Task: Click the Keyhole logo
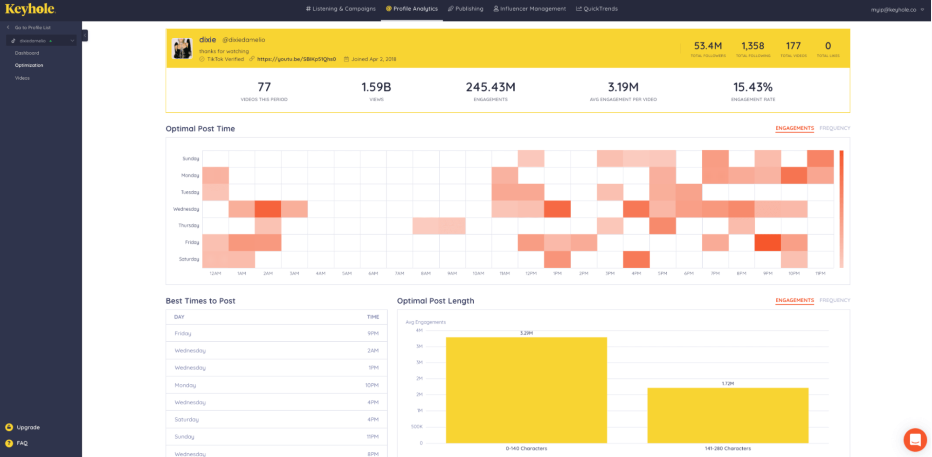coord(30,9)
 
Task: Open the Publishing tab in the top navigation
coord(466,9)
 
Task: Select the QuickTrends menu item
coord(597,9)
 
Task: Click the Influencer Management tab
coord(530,9)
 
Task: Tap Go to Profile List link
coord(32,28)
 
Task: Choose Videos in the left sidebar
coord(22,78)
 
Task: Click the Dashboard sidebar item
coord(27,53)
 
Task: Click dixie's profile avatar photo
coord(182,48)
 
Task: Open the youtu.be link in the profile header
coord(296,59)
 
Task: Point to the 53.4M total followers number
coord(708,46)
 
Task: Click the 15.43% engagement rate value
coord(753,87)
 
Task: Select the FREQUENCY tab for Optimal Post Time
coord(835,128)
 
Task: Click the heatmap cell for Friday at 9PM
coord(767,242)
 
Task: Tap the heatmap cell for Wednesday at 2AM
coord(268,209)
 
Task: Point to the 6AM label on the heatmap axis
coord(373,273)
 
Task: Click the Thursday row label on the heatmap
coord(188,226)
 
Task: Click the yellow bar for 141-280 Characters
coord(727,415)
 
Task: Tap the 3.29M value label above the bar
coord(526,333)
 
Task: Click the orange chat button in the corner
coord(915,440)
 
